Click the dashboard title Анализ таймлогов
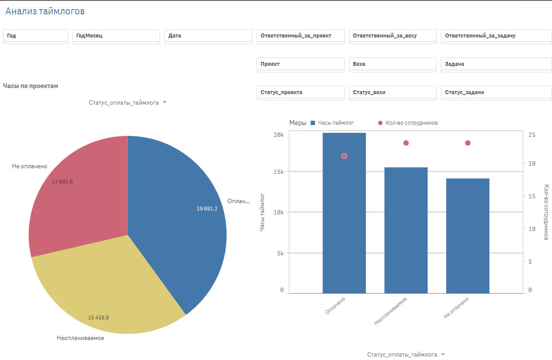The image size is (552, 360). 45,11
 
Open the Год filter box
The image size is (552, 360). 35,36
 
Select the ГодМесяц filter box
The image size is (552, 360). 116,36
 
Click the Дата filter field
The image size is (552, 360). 208,36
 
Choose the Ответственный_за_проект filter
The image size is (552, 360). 300,36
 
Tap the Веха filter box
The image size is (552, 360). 392,64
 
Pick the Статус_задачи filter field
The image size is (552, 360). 496,92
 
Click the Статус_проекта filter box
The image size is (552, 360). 300,92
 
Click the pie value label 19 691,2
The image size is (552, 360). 207,209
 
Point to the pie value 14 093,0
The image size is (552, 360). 62,182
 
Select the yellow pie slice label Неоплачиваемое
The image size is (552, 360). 81,338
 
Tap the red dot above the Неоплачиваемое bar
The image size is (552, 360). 406,143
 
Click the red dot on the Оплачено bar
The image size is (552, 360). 344,156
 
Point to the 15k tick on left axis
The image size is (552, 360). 278,172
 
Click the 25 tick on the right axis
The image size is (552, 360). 532,135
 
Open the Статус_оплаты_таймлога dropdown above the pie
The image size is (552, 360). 127,102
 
